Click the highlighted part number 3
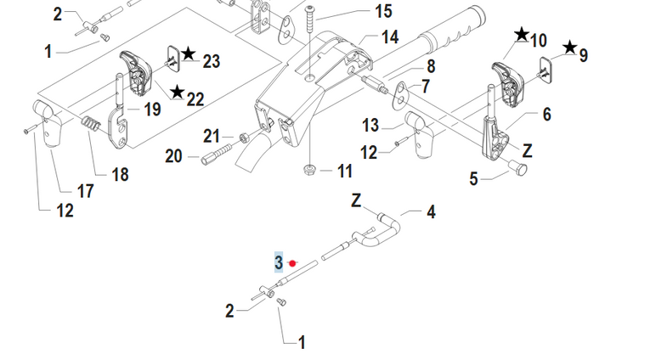tap(278, 262)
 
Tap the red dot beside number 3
tap(293, 263)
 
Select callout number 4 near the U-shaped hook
tap(431, 211)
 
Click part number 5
tap(474, 178)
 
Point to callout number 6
tap(546, 113)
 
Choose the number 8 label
tap(431, 66)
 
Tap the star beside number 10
tap(521, 35)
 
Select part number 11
tap(343, 172)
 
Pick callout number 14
tap(389, 37)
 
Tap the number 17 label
tap(85, 191)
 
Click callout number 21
tap(212, 136)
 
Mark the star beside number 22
tap(177, 92)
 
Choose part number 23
tap(211, 61)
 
